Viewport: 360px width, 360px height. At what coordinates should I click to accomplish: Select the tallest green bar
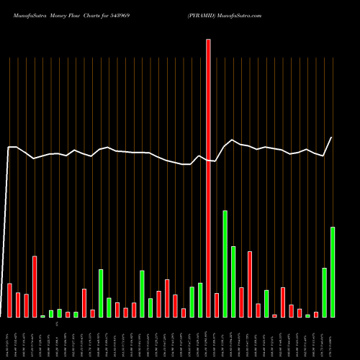click(x=225, y=264)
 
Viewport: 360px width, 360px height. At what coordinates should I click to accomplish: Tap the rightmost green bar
click(x=333, y=272)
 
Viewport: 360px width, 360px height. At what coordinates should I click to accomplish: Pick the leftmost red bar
click(x=9, y=300)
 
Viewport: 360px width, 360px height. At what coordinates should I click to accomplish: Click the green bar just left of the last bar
click(x=324, y=292)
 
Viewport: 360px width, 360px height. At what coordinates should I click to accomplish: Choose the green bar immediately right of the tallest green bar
click(x=233, y=282)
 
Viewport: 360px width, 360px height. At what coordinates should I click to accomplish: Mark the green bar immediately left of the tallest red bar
click(x=200, y=300)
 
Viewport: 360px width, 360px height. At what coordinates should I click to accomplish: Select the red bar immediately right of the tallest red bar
click(x=217, y=305)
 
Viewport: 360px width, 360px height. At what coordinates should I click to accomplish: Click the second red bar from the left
click(x=18, y=305)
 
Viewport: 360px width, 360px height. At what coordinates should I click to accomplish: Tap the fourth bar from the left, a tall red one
click(x=35, y=287)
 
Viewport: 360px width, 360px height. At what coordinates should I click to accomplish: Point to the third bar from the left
click(x=26, y=306)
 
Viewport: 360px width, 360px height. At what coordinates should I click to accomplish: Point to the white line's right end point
click(x=332, y=137)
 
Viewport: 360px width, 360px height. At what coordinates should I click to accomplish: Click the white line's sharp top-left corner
click(x=9, y=147)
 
